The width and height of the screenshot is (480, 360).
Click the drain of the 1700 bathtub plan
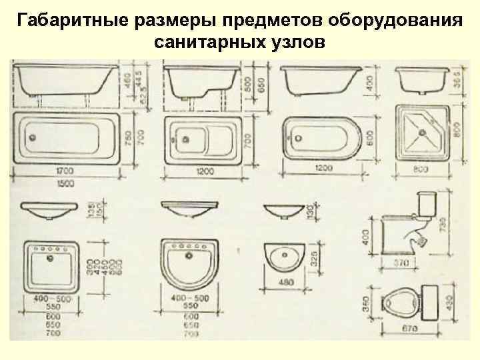30,139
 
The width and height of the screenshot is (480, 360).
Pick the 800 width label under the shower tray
421,171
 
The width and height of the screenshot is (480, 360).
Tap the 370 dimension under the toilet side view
399,264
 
